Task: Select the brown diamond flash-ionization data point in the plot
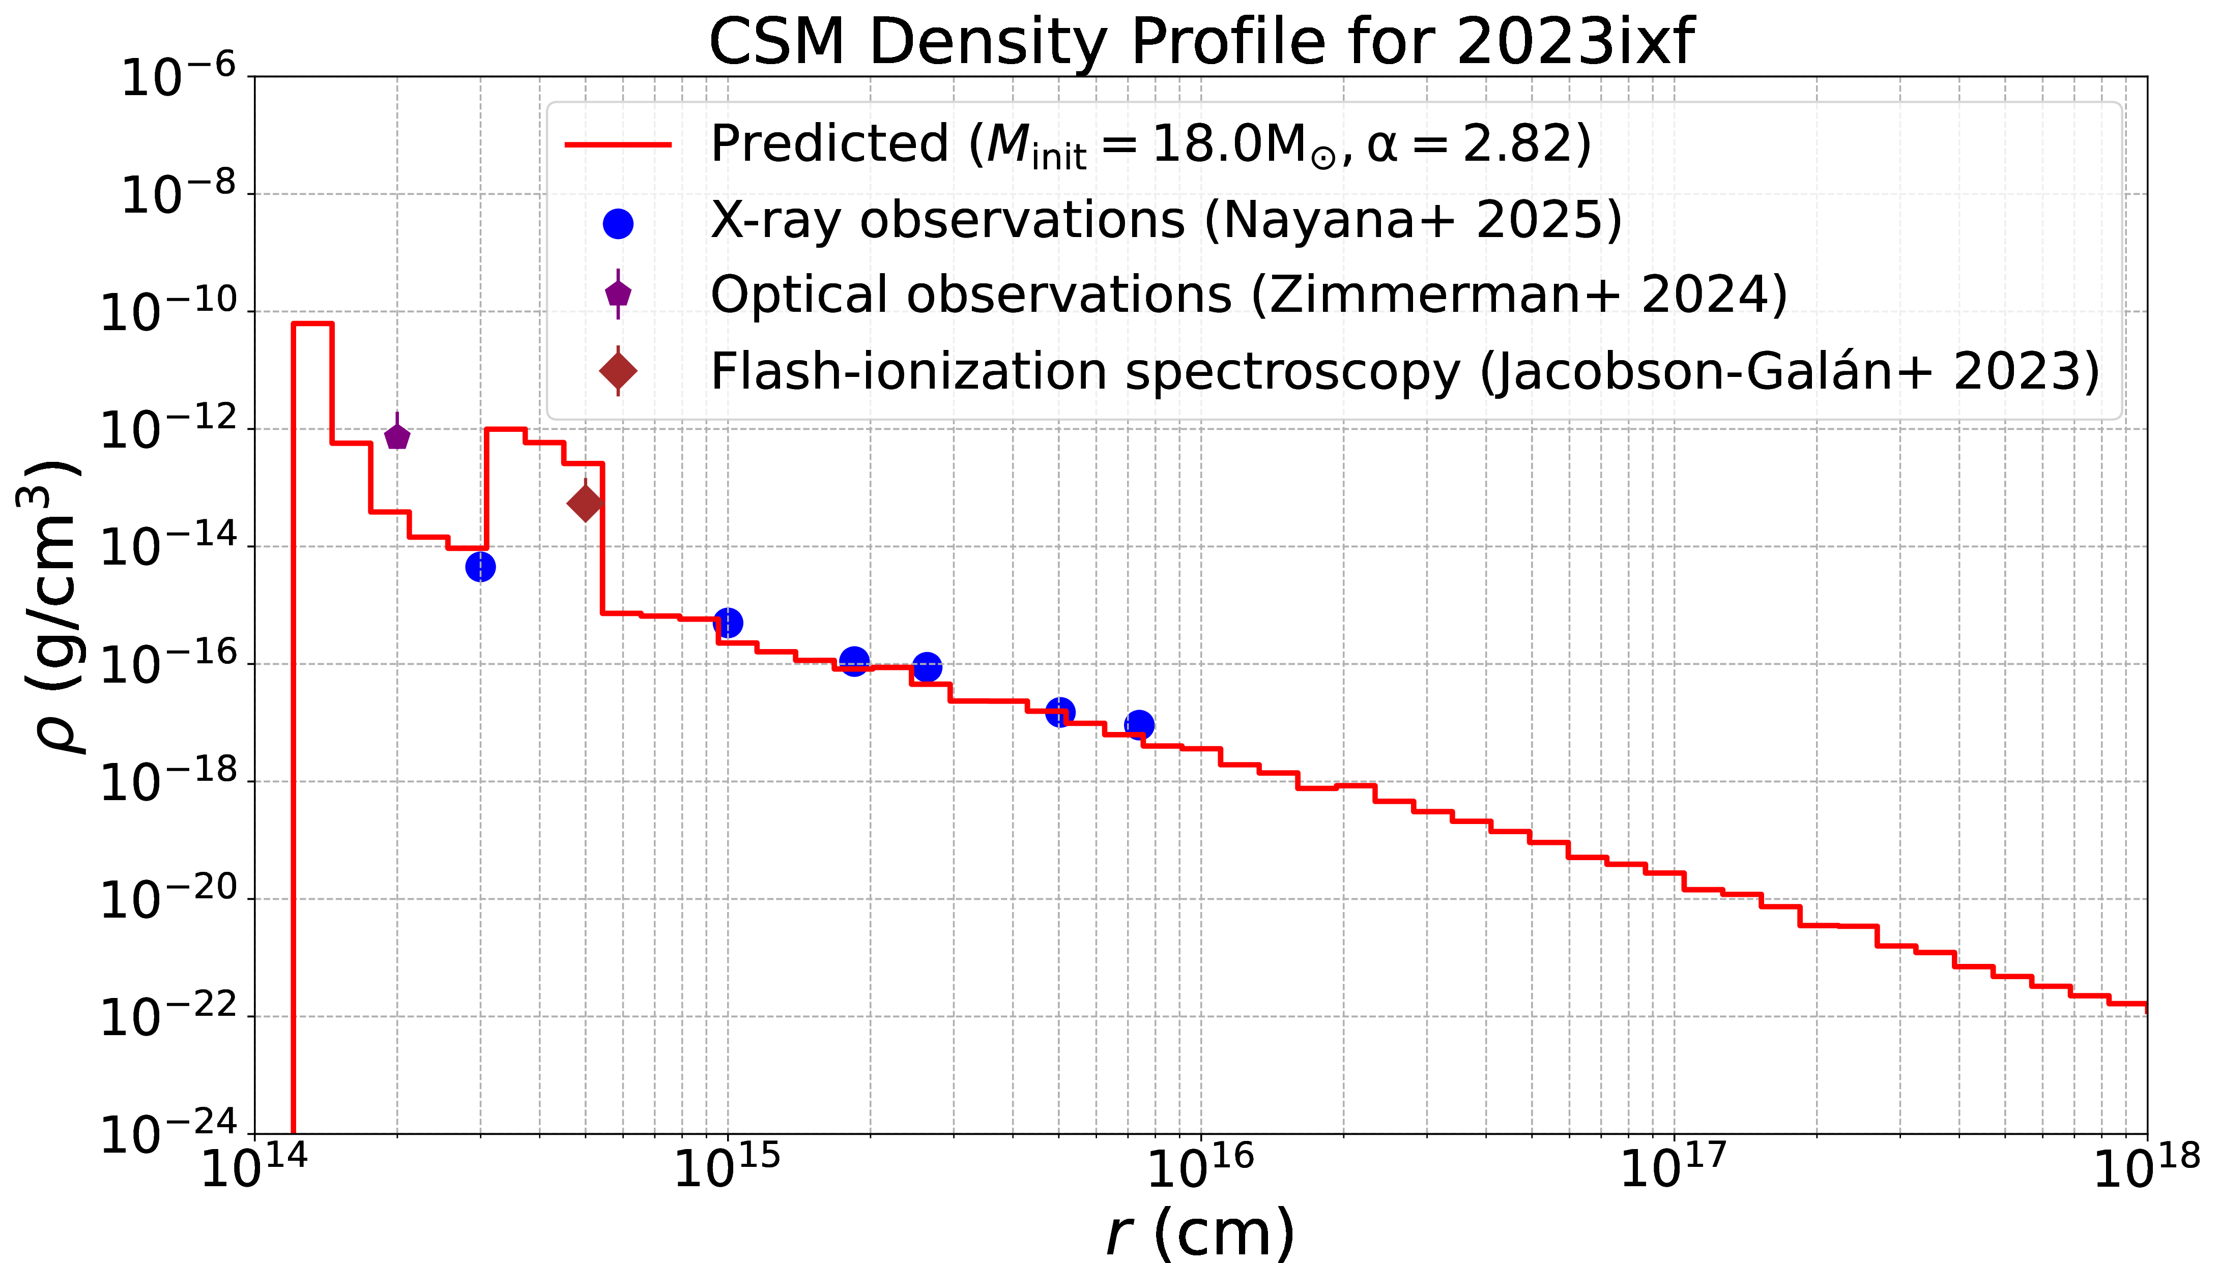pos(586,503)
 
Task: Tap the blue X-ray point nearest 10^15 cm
pos(728,622)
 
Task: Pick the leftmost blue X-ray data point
pos(480,567)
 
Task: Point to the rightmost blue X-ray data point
pos(1140,724)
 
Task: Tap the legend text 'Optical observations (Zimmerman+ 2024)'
pos(1248,295)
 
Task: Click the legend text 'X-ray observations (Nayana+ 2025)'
pos(1166,220)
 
